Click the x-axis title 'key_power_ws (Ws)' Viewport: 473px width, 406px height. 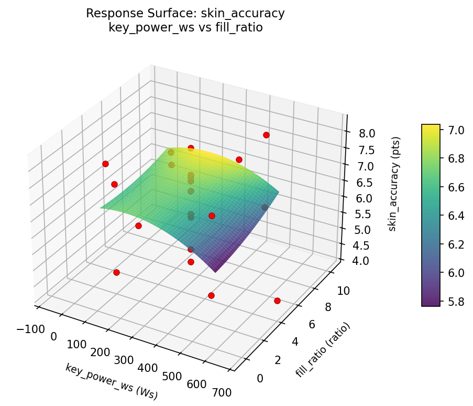111,381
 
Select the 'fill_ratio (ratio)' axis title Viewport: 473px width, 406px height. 323,350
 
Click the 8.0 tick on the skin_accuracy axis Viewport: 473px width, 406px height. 367,134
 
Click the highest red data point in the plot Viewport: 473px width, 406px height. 266,135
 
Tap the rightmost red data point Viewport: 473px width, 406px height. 277,301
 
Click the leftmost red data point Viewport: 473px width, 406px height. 105,164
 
